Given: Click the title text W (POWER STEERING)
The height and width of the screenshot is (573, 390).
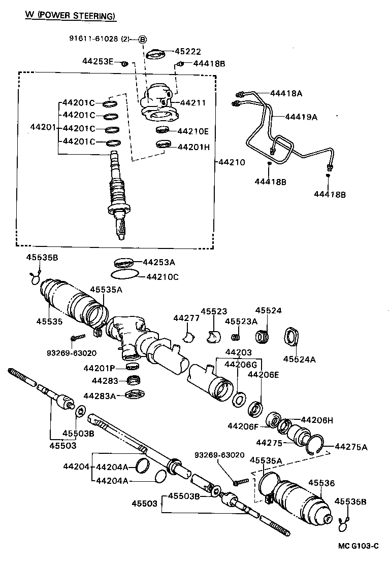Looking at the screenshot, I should pyautogui.click(x=71, y=16).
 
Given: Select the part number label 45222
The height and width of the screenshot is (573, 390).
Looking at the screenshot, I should pyautogui.click(x=188, y=51).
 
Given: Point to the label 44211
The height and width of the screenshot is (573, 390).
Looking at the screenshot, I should pyautogui.click(x=193, y=103).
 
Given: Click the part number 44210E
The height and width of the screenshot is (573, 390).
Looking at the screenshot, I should pyautogui.click(x=193, y=131).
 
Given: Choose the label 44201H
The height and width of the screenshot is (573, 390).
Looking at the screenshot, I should pyautogui.click(x=193, y=147).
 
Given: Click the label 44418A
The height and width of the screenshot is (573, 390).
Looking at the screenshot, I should pyautogui.click(x=286, y=93).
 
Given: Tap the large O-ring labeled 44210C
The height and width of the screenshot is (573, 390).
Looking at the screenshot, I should pyautogui.click(x=124, y=274).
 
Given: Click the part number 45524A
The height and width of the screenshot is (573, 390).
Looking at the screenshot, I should pyautogui.click(x=299, y=360).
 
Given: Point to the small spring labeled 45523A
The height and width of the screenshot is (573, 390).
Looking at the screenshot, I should pyautogui.click(x=235, y=337).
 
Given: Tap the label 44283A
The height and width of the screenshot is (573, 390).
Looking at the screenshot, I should pyautogui.click(x=100, y=396).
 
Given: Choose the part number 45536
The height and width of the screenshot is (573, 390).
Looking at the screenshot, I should pyautogui.click(x=322, y=483).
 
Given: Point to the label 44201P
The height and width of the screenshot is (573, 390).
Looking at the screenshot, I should pyautogui.click(x=99, y=368).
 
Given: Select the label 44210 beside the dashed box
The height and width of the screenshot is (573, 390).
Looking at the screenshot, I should pyautogui.click(x=232, y=163).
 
